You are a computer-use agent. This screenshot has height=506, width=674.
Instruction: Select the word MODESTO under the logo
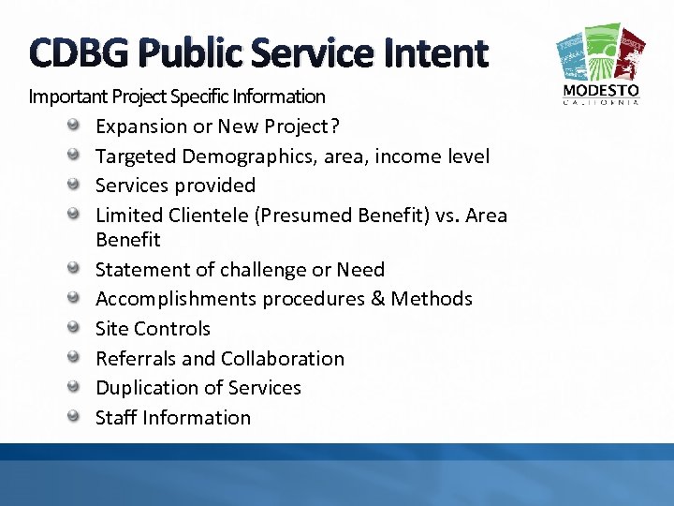600,91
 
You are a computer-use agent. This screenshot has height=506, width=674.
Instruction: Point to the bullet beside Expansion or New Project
78,126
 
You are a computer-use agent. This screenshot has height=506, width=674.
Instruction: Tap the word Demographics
239,156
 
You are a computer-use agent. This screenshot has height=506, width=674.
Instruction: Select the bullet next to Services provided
78,186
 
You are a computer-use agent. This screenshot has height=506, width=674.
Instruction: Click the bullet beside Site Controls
78,329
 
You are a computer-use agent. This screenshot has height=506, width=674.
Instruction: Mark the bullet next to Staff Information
78,418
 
